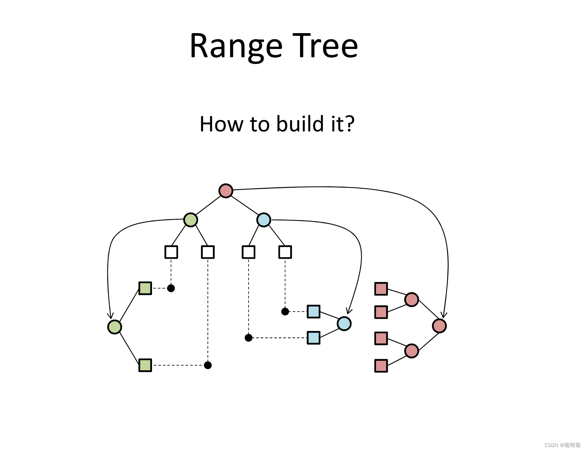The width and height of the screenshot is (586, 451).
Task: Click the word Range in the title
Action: click(236, 46)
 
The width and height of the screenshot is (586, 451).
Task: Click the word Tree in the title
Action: click(325, 46)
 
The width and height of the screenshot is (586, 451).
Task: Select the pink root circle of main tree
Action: click(226, 191)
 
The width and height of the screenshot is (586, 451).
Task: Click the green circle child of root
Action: click(191, 219)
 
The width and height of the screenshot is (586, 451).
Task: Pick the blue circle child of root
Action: click(264, 219)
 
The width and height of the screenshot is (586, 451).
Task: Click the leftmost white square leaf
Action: click(171, 252)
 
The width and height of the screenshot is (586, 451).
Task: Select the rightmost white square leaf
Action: click(285, 252)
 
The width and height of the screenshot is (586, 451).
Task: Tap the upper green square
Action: click(145, 288)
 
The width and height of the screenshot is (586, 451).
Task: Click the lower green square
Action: click(145, 365)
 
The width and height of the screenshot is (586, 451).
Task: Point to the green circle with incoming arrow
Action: click(115, 327)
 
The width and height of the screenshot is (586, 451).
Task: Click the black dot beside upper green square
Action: click(171, 288)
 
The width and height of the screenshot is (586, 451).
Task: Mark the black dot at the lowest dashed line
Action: click(208, 365)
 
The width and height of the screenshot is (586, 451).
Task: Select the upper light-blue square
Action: click(313, 311)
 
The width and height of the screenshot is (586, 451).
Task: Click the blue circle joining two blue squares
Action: click(344, 323)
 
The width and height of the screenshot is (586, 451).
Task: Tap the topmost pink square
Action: click(381, 289)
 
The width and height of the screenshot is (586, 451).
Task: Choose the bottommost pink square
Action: click(381, 366)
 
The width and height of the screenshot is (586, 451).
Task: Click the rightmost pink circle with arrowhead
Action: click(439, 326)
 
